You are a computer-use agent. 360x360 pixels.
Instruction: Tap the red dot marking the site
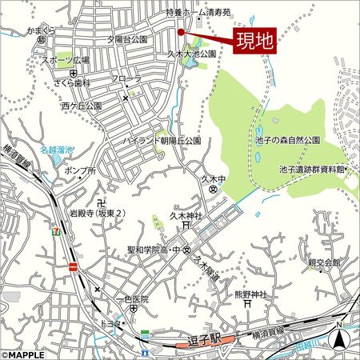(x=182, y=32)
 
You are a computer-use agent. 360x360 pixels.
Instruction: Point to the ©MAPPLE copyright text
(x=26, y=354)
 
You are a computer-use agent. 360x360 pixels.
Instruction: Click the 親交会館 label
(x=324, y=262)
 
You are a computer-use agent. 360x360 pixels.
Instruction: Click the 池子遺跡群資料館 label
(x=311, y=170)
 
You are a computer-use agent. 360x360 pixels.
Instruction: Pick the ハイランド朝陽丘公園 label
(x=161, y=140)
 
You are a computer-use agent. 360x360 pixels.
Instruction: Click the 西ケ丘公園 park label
(x=81, y=105)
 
